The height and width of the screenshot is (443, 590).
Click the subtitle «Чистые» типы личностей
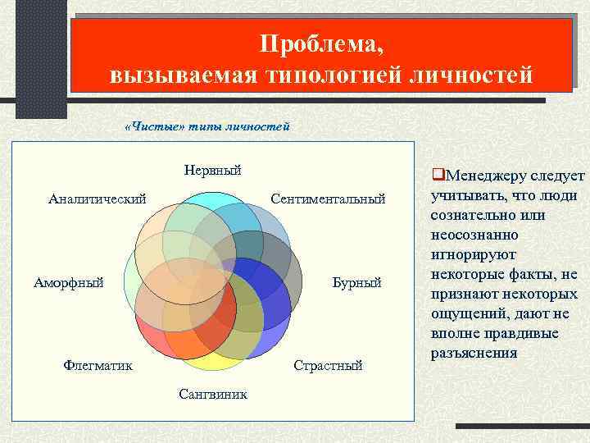(x=206, y=126)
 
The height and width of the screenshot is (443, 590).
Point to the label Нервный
(x=212, y=171)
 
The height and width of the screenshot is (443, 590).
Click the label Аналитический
(x=98, y=198)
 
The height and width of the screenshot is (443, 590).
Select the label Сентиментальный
(x=327, y=199)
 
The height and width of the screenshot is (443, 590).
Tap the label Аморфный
(x=69, y=283)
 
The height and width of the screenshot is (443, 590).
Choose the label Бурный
(x=356, y=283)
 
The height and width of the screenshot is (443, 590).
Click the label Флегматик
(x=98, y=365)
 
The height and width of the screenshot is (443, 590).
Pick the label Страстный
(x=328, y=365)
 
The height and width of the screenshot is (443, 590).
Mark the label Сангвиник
(x=213, y=395)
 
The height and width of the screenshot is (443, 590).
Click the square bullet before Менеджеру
(x=438, y=176)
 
